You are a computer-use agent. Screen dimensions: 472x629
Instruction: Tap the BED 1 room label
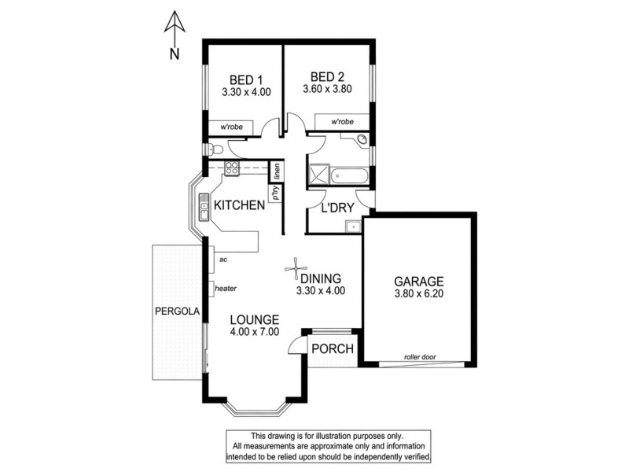245,79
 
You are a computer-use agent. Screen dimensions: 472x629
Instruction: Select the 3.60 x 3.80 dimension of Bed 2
326,90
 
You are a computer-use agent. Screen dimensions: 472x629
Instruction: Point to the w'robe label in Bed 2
341,122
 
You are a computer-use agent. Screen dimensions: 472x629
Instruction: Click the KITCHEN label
239,205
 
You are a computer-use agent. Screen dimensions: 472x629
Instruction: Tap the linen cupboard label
278,170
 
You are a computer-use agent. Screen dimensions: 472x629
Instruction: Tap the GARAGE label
418,281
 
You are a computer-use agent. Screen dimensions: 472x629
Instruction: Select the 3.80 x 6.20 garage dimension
418,294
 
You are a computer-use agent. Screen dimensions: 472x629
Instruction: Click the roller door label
419,356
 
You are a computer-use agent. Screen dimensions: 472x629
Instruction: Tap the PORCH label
333,349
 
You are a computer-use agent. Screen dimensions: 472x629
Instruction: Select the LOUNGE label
255,320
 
